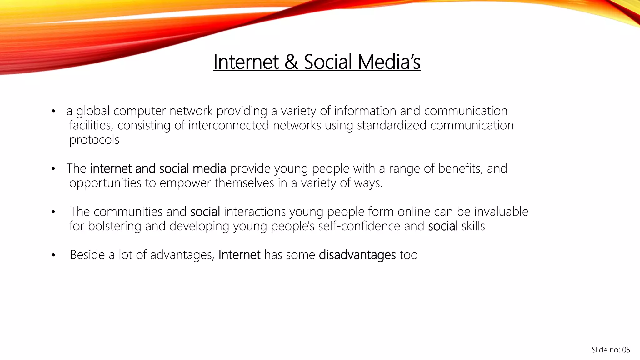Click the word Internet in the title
tap(246, 62)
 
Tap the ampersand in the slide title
tap(291, 62)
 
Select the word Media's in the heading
tap(389, 62)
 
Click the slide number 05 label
tap(611, 350)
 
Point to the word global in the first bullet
tap(93, 111)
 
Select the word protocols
tap(94, 140)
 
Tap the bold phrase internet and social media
tap(158, 168)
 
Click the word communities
tap(128, 212)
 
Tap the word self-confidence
tap(359, 226)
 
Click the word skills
tap(473, 226)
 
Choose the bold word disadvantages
tap(357, 255)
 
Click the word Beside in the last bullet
tap(87, 255)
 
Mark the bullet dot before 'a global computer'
tap(53, 111)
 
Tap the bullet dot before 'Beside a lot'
tap(53, 255)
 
